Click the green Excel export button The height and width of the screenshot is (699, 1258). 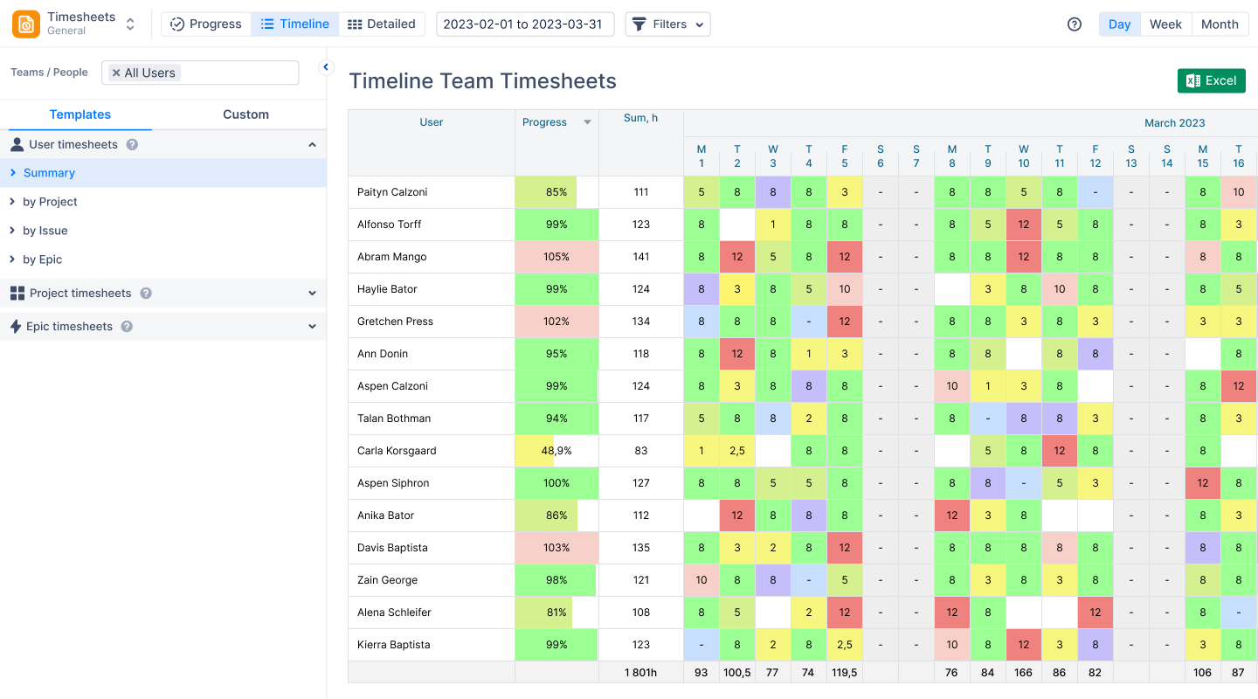(x=1211, y=80)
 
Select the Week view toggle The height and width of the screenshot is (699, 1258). (x=1165, y=24)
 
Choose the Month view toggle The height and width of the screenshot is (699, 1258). (x=1220, y=24)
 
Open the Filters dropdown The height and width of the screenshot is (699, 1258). (x=668, y=24)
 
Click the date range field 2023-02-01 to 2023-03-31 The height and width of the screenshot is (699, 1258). (x=524, y=24)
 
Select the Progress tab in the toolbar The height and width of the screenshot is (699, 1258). (x=206, y=24)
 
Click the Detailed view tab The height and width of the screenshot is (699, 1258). (x=382, y=24)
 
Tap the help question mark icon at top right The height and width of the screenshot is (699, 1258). (x=1075, y=24)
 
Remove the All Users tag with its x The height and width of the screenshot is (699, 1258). (x=116, y=73)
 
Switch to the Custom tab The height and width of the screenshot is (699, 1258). (x=245, y=114)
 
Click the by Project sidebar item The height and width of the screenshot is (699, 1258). (x=50, y=202)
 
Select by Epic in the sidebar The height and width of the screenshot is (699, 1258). (x=42, y=260)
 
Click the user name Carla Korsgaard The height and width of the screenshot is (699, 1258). (x=397, y=451)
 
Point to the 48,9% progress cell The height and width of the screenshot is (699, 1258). (x=556, y=451)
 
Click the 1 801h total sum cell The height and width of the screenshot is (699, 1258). (x=640, y=673)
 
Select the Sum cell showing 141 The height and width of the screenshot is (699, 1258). (x=641, y=257)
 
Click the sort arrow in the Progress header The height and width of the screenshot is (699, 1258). (x=588, y=122)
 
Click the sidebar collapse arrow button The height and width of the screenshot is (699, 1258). (x=326, y=67)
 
